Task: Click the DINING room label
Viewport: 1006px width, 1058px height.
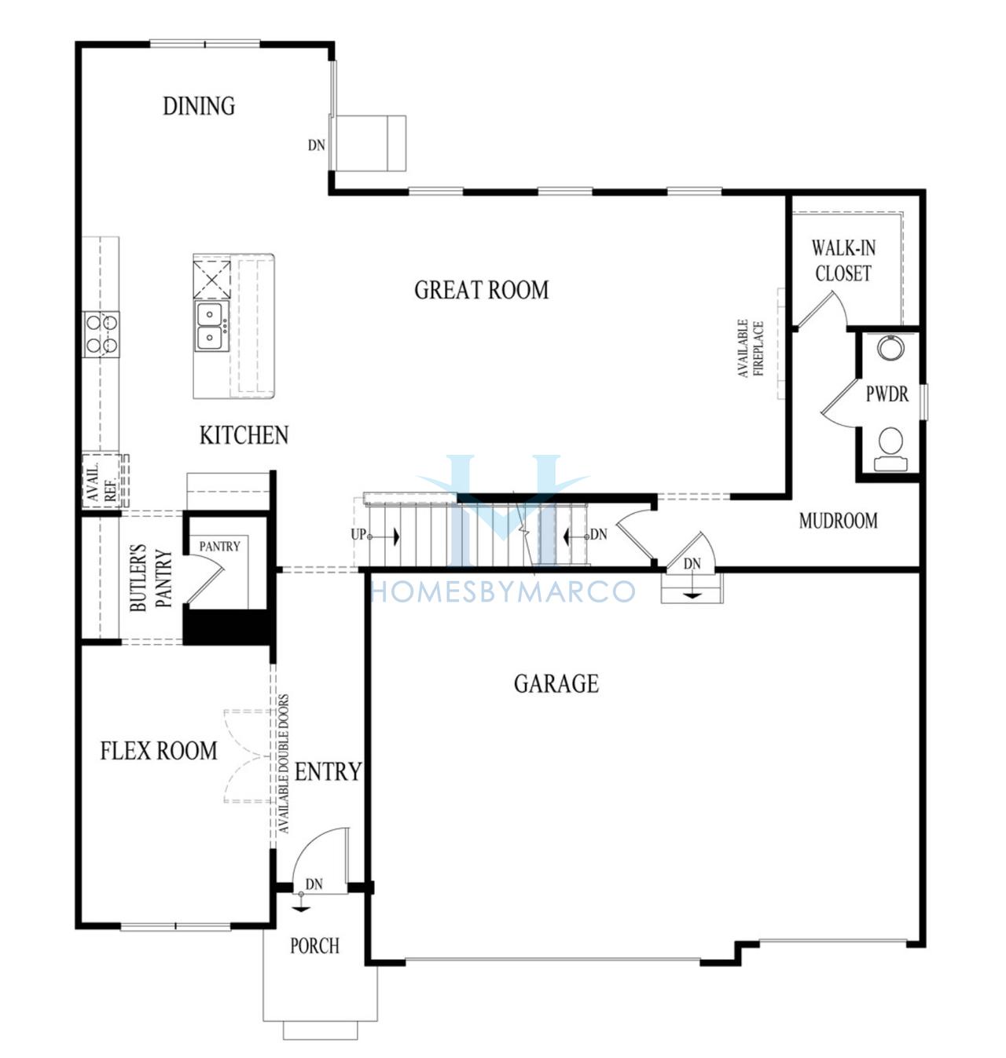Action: coord(199,106)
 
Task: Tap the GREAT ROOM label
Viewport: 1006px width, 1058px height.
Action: coord(482,290)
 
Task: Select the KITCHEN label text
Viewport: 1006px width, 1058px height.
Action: coord(244,435)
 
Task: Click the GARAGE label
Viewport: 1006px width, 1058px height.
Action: coord(556,684)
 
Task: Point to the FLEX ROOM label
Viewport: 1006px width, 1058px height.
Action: coord(159,751)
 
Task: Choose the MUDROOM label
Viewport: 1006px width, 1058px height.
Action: coord(838,521)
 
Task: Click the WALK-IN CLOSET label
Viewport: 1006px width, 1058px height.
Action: coord(843,261)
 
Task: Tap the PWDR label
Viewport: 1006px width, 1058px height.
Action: coord(887,394)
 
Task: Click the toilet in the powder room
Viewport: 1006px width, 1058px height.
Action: coord(890,449)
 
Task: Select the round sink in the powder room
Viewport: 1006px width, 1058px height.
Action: coord(890,348)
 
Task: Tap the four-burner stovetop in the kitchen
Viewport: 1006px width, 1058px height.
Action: coord(101,334)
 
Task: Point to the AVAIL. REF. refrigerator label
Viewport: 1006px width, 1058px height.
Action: coord(102,481)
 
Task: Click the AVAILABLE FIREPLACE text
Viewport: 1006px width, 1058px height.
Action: coord(751,348)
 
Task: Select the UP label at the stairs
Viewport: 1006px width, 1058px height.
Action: coord(358,535)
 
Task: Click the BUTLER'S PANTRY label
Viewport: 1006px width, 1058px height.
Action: coord(152,577)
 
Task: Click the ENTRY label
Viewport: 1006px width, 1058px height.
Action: coord(328,772)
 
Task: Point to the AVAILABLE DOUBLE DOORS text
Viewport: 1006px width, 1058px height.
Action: coord(284,763)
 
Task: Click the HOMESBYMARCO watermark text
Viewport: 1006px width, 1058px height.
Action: coord(503,591)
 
